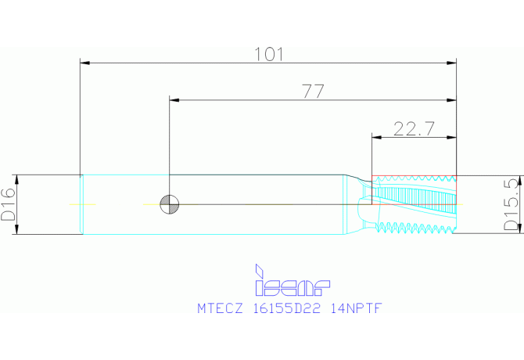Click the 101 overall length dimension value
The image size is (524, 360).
point(268,54)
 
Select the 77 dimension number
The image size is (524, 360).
point(313,92)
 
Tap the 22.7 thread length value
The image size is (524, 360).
point(414,129)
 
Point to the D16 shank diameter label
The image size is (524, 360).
point(9,204)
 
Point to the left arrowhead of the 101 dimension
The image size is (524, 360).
point(85,61)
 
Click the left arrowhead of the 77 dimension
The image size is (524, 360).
point(174,99)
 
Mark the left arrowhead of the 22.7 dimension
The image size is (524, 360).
point(375,137)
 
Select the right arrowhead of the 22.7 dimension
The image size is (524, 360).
point(451,137)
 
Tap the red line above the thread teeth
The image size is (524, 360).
point(414,175)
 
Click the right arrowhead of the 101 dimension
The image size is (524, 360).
point(451,61)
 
